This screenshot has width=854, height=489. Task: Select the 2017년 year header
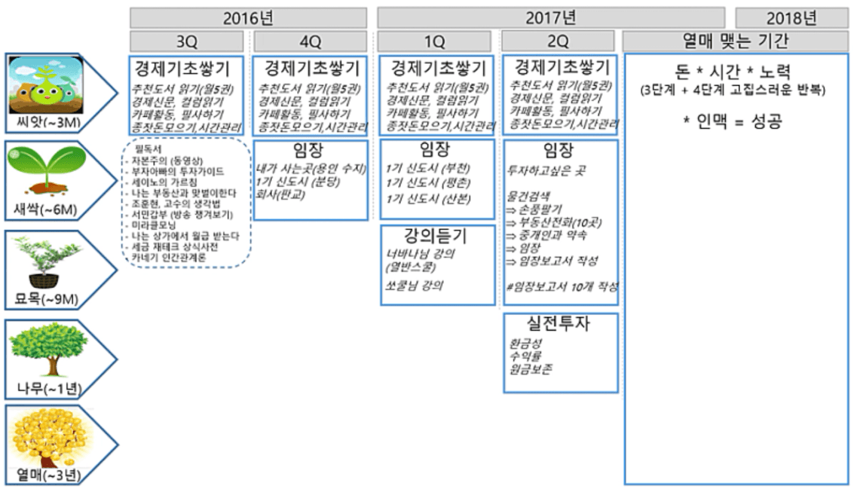(550, 17)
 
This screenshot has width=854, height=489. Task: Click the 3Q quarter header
(187, 41)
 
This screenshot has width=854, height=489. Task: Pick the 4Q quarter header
(310, 41)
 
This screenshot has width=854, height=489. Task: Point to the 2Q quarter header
(560, 41)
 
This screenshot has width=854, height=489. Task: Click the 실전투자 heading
(560, 324)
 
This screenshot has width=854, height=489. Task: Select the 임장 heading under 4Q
(310, 151)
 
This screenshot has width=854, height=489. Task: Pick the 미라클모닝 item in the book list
(155, 226)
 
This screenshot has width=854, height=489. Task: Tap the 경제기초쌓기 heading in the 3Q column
(187, 69)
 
